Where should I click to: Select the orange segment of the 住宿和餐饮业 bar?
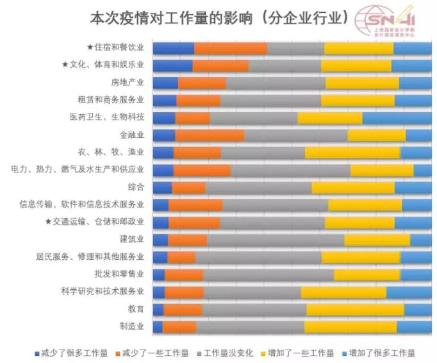[x=231, y=48]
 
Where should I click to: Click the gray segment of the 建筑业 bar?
[x=276, y=239]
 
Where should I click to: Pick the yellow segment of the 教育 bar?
[x=355, y=309]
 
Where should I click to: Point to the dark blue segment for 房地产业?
[x=165, y=83]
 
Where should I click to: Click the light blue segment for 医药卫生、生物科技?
[x=397, y=117]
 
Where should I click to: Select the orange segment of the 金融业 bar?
[x=210, y=135]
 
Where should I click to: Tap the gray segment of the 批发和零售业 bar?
[x=268, y=274]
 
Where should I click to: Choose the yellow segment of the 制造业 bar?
[x=350, y=326]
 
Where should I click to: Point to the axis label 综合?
[x=136, y=187]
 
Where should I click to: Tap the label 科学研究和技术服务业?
[x=104, y=292]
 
